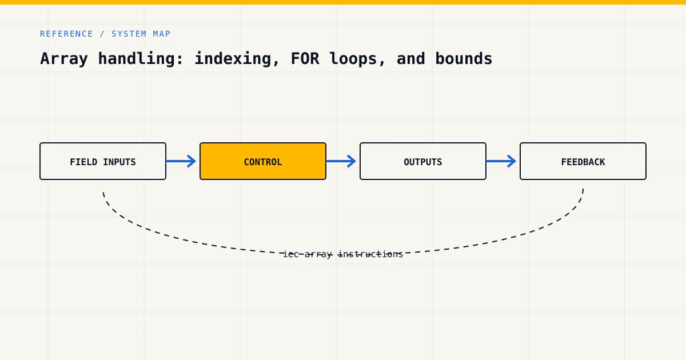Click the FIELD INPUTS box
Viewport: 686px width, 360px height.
pyautogui.click(x=103, y=161)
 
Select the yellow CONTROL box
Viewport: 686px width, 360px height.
pyautogui.click(x=263, y=161)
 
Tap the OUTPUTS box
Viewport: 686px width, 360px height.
pyautogui.click(x=423, y=161)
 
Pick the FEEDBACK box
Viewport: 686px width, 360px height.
pyautogui.click(x=583, y=161)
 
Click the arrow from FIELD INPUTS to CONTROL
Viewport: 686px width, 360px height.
pyautogui.click(x=181, y=161)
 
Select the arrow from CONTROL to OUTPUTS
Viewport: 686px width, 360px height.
pyautogui.click(x=341, y=161)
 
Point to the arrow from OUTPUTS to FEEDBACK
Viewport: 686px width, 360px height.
pyautogui.click(x=501, y=161)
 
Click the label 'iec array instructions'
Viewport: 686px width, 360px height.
pyautogui.click(x=343, y=254)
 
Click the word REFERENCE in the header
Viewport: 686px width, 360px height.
pyautogui.click(x=66, y=34)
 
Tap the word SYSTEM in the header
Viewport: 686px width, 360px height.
pyautogui.click(x=129, y=34)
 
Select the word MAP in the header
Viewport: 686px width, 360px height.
pyautogui.click(x=162, y=34)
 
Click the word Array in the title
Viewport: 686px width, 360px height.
pyautogui.click(x=64, y=59)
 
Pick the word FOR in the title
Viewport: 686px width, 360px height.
pyautogui.click(x=305, y=58)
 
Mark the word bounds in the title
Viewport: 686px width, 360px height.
pyautogui.click(x=464, y=58)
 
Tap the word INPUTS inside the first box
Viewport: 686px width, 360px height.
pyautogui.click(x=119, y=162)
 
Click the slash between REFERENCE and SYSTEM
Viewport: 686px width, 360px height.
pyautogui.click(x=102, y=34)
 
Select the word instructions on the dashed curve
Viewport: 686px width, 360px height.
pyautogui.click(x=370, y=254)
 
